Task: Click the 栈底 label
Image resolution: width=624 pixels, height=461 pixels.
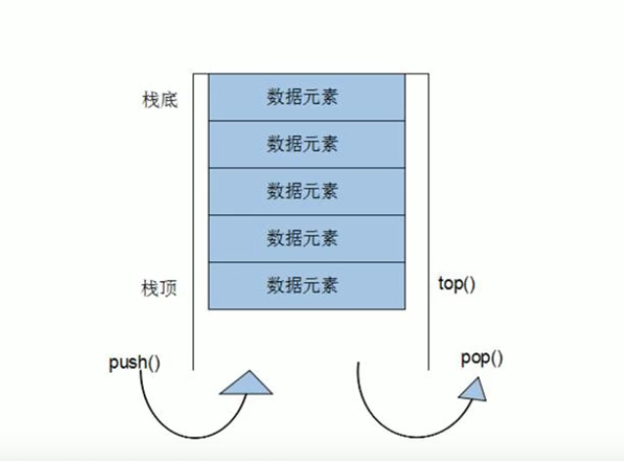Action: pyautogui.click(x=160, y=100)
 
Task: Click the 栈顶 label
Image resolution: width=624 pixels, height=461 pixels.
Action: pyautogui.click(x=160, y=290)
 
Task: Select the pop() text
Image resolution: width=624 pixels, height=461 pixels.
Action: pyautogui.click(x=481, y=357)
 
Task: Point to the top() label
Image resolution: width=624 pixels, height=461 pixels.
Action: pyautogui.click(x=456, y=285)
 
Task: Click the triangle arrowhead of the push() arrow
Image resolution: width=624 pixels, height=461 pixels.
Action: pyautogui.click(x=246, y=384)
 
